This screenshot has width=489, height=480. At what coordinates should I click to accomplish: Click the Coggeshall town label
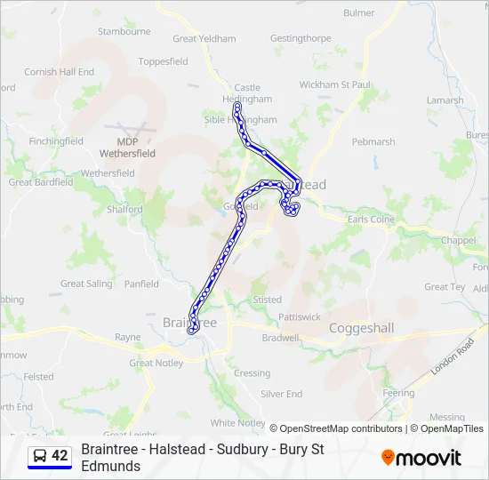(x=361, y=328)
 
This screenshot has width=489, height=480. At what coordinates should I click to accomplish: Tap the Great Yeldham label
(x=204, y=39)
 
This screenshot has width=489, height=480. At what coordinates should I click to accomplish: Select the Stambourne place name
(x=124, y=31)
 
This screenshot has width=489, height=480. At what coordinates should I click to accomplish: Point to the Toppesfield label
(x=163, y=62)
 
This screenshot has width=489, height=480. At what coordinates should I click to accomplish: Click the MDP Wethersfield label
(x=127, y=148)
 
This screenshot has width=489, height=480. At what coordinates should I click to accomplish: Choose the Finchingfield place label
(x=56, y=141)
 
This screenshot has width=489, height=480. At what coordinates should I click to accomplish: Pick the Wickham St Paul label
(x=334, y=84)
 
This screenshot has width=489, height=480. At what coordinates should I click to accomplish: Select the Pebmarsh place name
(x=373, y=142)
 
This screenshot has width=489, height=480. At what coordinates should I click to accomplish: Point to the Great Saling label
(x=86, y=284)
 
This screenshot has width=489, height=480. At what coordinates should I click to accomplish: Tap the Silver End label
(x=281, y=394)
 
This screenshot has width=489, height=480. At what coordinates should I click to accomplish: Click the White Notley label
(x=237, y=423)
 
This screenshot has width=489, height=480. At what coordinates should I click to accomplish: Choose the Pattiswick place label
(x=300, y=316)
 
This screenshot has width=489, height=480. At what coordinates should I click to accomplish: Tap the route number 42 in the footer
(x=60, y=456)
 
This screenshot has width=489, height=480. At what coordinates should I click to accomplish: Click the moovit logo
(x=421, y=458)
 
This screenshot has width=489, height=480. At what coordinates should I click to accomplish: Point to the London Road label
(x=452, y=357)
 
